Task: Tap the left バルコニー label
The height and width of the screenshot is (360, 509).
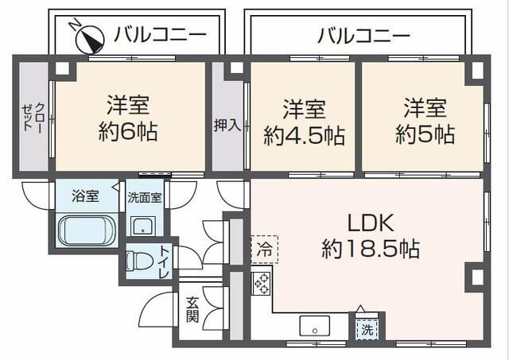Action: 160,34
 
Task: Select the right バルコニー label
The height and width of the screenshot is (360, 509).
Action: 363,36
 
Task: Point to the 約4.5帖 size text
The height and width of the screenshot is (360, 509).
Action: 305,136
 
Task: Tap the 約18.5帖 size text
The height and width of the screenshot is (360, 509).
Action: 371,249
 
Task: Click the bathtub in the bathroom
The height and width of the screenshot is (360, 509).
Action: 87,230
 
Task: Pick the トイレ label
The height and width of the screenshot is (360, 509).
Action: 163,261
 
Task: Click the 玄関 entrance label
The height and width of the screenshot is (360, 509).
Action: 193,309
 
